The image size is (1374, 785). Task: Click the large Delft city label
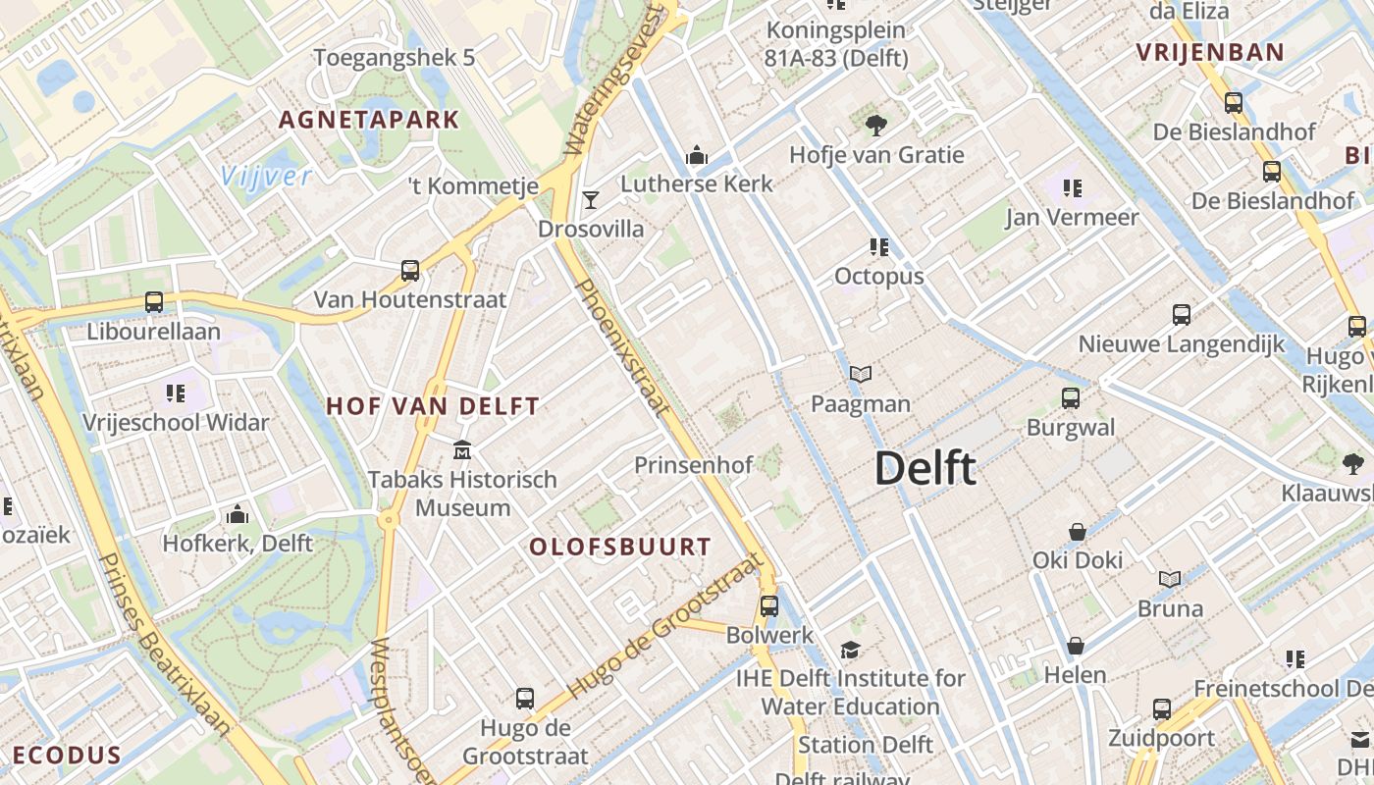coord(925,468)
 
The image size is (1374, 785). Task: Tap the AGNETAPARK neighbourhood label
coord(369,120)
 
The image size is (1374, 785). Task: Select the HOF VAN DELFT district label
coord(433,405)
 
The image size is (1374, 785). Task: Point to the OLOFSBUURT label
coord(620,548)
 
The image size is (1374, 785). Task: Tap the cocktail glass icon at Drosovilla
coord(590,200)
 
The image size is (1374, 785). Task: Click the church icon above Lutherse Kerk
coord(697,155)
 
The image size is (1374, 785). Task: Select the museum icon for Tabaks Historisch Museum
coord(462,450)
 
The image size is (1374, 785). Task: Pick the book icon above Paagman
coord(861,374)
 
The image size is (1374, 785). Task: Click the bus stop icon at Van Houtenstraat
coord(410,270)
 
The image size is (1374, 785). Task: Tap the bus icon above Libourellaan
coord(154,302)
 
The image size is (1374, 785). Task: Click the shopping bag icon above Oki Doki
coord(1078,532)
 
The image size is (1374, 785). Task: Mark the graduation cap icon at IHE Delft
coord(850,650)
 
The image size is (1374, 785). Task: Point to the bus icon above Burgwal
coord(1071,398)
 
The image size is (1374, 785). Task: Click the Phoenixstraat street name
coord(620,345)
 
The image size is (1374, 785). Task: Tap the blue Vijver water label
coord(266,177)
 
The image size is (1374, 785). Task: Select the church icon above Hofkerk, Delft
coord(238,514)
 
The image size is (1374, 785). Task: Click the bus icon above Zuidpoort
coord(1162,708)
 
